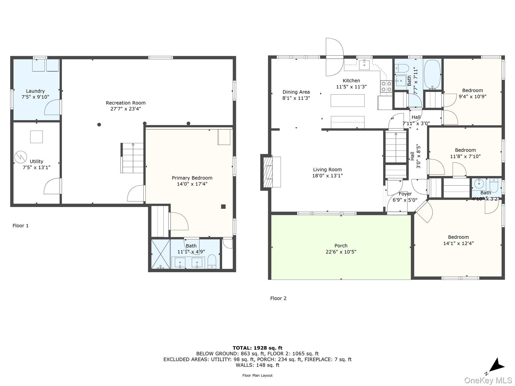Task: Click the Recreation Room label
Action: [125, 103]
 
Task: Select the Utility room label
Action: [36, 161]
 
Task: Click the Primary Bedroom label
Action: [192, 178]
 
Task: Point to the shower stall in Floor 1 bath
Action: [160, 254]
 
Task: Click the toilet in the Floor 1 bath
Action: [212, 262]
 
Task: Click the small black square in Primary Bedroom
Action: [223, 207]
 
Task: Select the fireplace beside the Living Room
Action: [267, 172]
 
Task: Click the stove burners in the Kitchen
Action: [386, 86]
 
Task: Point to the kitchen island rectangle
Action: [347, 101]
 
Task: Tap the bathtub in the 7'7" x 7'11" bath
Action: [432, 75]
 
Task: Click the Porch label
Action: [341, 246]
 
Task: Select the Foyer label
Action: [405, 194]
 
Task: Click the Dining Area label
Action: [296, 92]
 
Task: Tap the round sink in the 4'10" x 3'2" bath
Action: [479, 184]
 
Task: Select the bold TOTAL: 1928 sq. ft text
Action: [257, 348]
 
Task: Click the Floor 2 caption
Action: [278, 298]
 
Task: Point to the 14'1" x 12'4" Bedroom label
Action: [458, 237]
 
